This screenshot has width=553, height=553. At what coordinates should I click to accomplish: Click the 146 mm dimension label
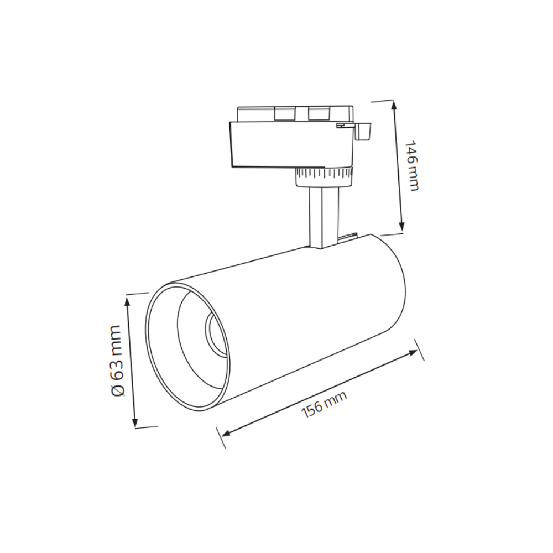(x=411, y=166)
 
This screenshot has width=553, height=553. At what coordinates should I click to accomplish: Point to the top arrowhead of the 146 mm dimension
(x=395, y=105)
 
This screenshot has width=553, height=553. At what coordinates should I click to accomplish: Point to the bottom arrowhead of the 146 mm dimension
(x=401, y=226)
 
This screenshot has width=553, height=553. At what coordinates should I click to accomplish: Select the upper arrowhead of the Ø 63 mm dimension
(x=128, y=301)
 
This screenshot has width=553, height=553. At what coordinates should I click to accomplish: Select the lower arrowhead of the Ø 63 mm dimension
(x=135, y=422)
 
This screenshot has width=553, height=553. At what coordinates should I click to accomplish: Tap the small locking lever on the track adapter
(x=363, y=131)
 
